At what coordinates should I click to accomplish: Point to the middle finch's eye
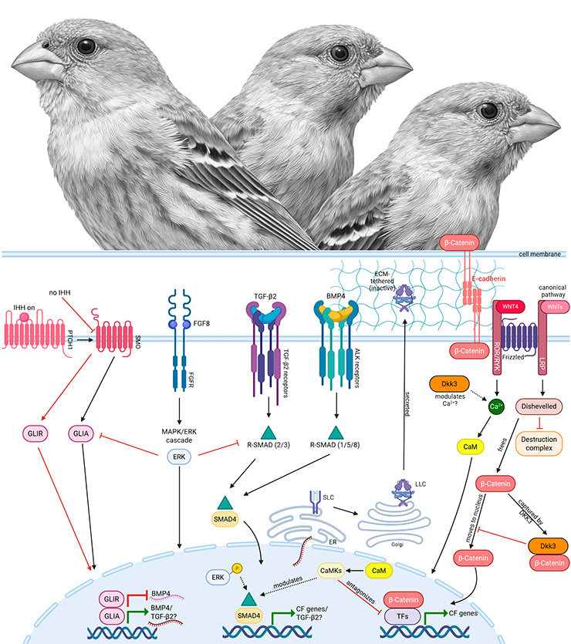336,53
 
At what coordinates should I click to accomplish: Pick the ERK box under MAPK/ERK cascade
179,456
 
